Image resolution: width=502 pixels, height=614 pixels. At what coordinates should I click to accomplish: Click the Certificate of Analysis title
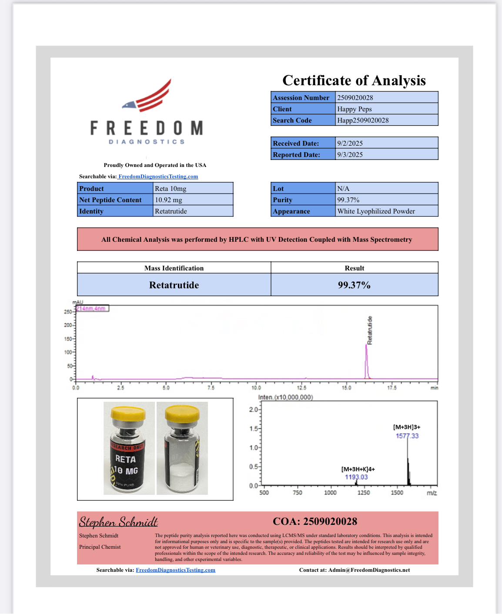354,80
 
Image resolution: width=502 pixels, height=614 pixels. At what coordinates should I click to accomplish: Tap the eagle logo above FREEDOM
147,97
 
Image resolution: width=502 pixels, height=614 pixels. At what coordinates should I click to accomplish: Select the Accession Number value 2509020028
355,97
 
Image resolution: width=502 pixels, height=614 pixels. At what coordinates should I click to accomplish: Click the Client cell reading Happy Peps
354,109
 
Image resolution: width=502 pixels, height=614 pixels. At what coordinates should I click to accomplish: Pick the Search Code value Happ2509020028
363,120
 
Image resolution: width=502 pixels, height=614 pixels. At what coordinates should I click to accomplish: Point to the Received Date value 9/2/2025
350,143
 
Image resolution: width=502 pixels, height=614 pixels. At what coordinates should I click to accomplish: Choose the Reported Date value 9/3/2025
350,154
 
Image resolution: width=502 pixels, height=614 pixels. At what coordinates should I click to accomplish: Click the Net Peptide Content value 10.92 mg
168,200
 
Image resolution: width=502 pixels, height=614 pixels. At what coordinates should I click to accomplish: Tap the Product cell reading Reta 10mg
170,188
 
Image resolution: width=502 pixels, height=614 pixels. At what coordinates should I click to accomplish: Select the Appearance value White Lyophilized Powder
376,211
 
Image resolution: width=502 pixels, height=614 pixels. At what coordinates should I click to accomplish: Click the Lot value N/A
343,188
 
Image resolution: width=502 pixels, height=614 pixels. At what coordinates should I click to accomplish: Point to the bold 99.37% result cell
354,285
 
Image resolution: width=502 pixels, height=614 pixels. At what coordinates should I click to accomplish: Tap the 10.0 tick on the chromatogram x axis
256,387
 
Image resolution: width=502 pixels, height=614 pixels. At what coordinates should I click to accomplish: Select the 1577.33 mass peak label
407,436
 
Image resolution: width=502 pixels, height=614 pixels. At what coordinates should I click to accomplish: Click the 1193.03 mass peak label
356,477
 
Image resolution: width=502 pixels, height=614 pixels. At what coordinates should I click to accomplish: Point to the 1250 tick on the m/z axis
363,493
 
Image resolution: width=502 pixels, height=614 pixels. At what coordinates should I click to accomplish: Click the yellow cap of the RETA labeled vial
128,413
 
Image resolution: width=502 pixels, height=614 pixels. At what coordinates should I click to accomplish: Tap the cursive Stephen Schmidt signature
118,522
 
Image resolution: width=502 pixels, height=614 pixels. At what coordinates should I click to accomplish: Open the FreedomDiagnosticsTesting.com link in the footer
175,570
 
